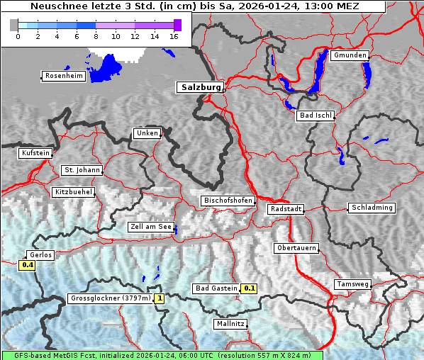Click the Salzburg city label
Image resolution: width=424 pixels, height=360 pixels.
pyautogui.click(x=199, y=87)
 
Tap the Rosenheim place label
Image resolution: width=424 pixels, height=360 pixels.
pyautogui.click(x=63, y=76)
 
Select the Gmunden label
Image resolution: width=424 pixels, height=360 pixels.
pyautogui.click(x=350, y=55)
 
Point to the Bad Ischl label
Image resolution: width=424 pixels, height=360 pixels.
pyautogui.click(x=316, y=116)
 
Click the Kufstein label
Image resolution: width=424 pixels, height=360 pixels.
pyautogui.click(x=35, y=153)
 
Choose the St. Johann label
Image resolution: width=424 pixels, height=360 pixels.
pyautogui.click(x=82, y=170)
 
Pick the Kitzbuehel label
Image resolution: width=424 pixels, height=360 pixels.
pyautogui.click(x=73, y=192)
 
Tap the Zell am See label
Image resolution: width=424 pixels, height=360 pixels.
pyautogui.click(x=150, y=227)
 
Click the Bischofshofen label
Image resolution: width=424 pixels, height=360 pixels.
pyautogui.click(x=228, y=201)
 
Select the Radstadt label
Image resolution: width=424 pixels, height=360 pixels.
pyautogui.click(x=286, y=209)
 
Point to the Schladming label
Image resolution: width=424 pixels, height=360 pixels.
pyautogui.click(x=371, y=208)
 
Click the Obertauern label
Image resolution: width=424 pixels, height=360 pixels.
pyautogui.click(x=296, y=248)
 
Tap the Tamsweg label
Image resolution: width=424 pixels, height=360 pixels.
pyautogui.click(x=352, y=284)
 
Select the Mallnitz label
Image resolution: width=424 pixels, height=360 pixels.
pyautogui.click(x=230, y=324)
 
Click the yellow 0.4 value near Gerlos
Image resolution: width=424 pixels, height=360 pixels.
pyautogui.click(x=28, y=265)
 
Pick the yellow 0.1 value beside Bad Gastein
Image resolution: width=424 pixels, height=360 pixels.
pyautogui.click(x=250, y=288)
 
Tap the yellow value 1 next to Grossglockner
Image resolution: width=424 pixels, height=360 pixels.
pyautogui.click(x=160, y=298)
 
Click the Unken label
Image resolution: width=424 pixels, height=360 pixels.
pyautogui.click(x=146, y=133)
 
